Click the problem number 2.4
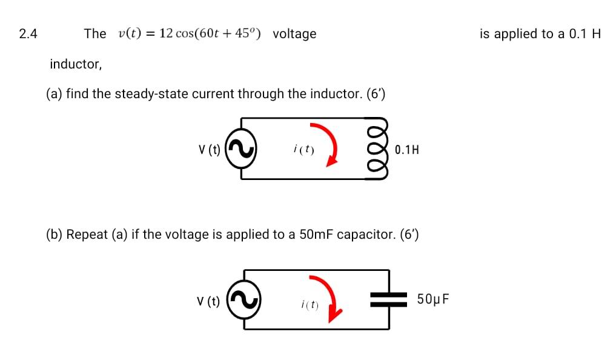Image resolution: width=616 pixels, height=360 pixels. (x=28, y=34)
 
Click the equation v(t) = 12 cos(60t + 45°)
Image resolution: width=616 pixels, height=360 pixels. (x=190, y=34)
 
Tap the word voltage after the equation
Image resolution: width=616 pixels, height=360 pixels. (x=294, y=34)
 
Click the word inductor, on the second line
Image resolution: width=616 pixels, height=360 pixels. (x=76, y=64)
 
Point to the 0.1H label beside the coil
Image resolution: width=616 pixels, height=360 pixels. (x=406, y=150)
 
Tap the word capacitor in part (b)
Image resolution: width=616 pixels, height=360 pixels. (x=366, y=235)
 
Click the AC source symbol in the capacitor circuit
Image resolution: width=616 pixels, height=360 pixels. (x=244, y=300)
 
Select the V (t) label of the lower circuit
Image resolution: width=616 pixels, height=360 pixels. (x=208, y=301)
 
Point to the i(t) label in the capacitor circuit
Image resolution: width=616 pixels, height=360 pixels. (x=310, y=305)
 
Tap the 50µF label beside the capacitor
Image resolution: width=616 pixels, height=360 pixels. (x=433, y=299)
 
